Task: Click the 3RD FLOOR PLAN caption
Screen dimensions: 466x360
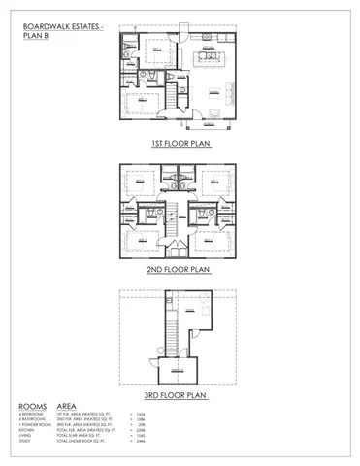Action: pos(180,395)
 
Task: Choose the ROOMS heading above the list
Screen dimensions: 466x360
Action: pos(33,407)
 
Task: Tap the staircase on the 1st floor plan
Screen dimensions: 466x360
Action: pos(179,94)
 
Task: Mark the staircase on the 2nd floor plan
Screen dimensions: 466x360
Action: pos(179,222)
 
